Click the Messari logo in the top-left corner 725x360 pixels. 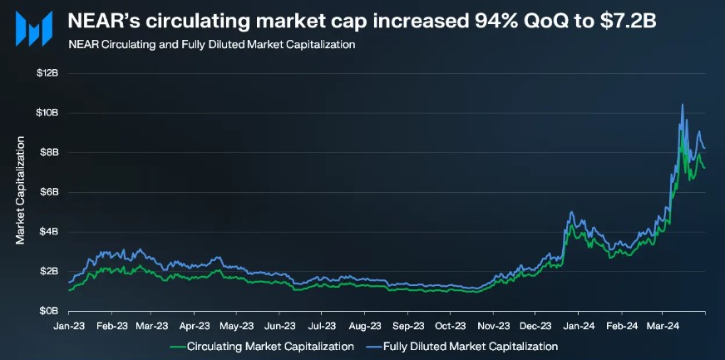32,31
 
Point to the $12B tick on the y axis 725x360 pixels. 47,73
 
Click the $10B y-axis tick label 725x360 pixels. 47,113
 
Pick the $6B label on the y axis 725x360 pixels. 48,192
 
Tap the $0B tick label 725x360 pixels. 48,311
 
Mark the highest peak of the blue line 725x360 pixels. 683,105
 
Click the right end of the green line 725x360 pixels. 705,168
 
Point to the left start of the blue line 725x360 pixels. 69,283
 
